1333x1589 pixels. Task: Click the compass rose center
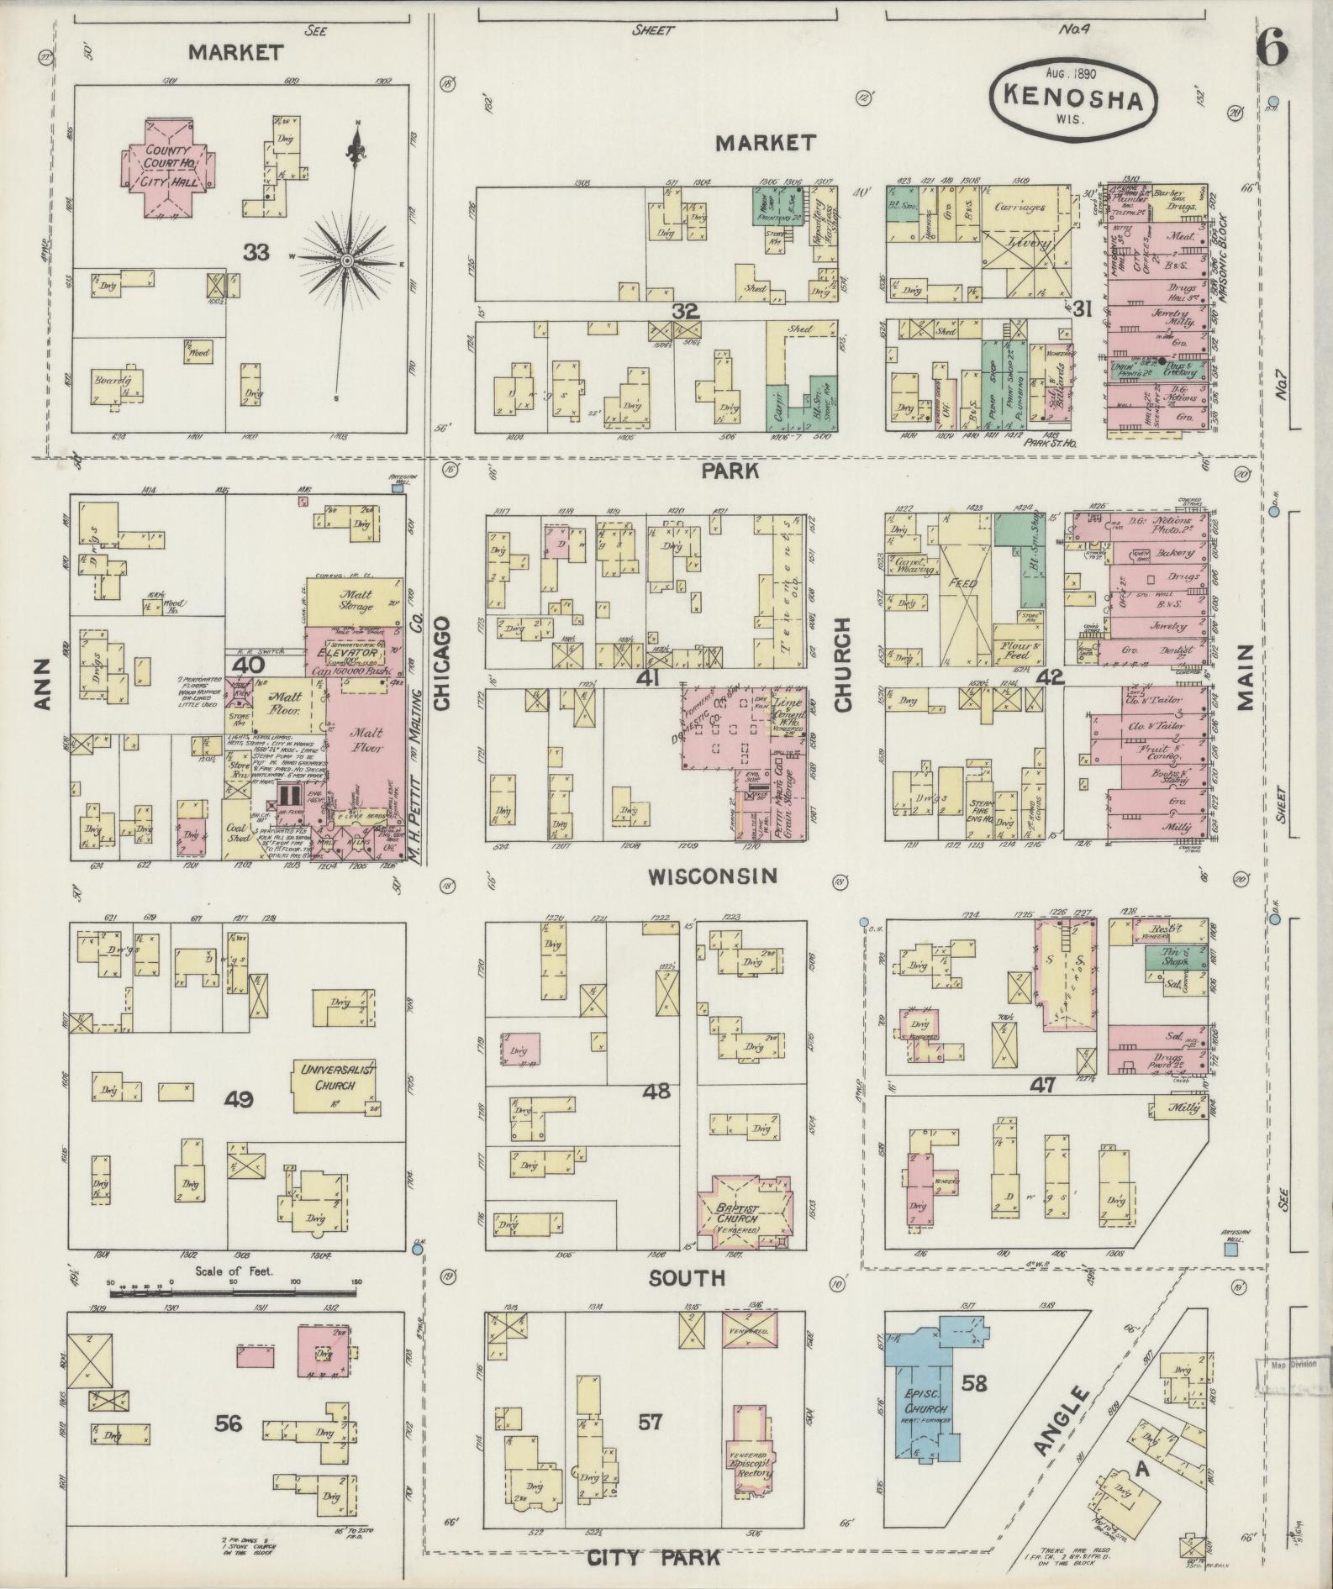(x=345, y=261)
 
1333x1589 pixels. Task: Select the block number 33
(x=256, y=251)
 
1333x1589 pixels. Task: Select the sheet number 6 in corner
(x=1272, y=50)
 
